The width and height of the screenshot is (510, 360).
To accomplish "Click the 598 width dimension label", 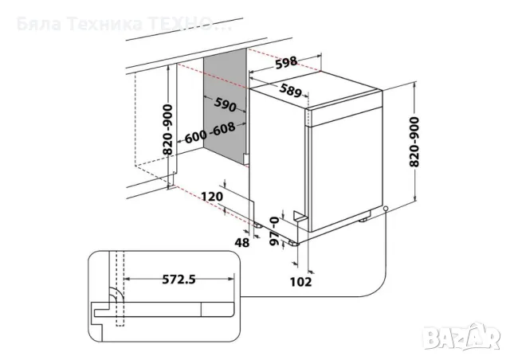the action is tap(286, 62).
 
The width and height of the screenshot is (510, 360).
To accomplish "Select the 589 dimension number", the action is tap(290, 91).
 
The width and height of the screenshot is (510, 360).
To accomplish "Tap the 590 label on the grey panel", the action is tap(225, 104).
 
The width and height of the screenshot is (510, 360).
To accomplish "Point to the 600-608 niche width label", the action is tap(210, 133).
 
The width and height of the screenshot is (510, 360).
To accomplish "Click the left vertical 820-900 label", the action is tap(168, 130).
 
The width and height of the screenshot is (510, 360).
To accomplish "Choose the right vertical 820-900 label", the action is tap(414, 142).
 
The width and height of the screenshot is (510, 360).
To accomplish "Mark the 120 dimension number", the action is tap(212, 197).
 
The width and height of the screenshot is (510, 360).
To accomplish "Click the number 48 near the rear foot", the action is tap(241, 242).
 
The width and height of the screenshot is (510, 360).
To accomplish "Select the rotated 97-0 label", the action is tap(275, 231).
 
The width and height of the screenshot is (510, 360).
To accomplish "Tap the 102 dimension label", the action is tap(301, 282).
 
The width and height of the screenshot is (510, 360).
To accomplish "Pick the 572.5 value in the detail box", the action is tap(178, 279).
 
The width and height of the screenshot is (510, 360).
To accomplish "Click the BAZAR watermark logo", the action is tap(462, 338).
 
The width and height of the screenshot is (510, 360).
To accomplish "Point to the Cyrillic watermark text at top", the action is tap(124, 25).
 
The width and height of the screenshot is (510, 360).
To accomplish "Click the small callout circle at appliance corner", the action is tap(386, 208).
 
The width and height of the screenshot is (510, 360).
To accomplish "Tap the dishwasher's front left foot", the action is tap(293, 243).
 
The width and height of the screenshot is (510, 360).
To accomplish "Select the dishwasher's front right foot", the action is tap(363, 220).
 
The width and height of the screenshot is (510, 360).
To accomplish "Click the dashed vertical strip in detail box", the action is tap(120, 288).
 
